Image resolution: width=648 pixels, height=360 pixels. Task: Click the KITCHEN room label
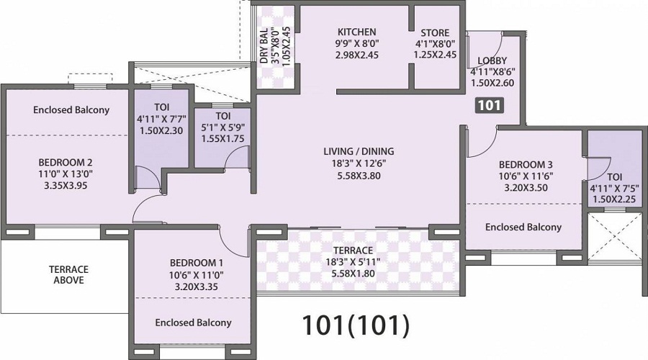pos(356,32)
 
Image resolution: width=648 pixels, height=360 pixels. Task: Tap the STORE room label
pos(435,32)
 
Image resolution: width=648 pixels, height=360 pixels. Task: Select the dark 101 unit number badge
pos(490,105)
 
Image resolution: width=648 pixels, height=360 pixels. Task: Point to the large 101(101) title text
pos(356,325)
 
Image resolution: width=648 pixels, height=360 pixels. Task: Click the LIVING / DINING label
pos(359,151)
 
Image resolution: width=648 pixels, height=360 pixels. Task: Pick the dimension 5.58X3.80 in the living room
pos(359,176)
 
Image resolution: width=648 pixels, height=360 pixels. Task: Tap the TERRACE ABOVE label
pos(68,275)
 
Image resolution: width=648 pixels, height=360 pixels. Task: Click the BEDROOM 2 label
pos(66,162)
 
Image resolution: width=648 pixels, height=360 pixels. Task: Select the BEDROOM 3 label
pos(526,164)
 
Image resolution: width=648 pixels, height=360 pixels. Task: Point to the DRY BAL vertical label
pos(264,45)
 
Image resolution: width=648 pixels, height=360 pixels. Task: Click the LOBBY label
pos(492,60)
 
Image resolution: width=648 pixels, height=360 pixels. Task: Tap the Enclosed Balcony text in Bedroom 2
pos(71,110)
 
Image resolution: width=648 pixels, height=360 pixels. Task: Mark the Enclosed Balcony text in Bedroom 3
pos(523,227)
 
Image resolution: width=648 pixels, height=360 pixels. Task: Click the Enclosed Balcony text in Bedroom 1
pos(193,323)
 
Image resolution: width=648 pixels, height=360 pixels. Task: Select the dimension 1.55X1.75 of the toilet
pos(222,139)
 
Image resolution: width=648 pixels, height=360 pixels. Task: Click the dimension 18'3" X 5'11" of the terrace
pos(353,262)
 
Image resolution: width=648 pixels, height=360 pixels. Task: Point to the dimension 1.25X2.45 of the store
pos(436,54)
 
